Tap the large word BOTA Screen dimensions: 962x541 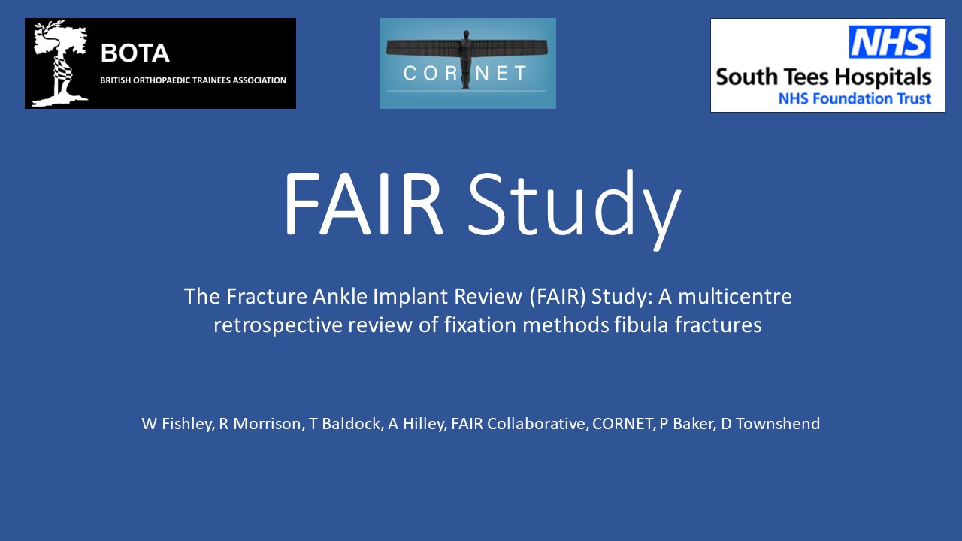tap(135, 53)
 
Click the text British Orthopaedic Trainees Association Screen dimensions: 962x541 tap(193, 80)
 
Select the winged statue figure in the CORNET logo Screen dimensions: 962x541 tap(467, 56)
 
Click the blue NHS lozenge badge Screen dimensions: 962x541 tap(890, 41)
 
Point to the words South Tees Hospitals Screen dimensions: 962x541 tap(823, 78)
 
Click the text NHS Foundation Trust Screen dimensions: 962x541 tap(855, 98)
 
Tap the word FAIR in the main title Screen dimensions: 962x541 tap(363, 203)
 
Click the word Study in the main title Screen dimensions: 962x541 tap(575, 209)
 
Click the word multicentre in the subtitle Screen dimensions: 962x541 tap(735, 296)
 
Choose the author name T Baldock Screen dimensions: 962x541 tap(346, 424)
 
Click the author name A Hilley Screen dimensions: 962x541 tap(417, 424)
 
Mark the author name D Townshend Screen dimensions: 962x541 tap(770, 424)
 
